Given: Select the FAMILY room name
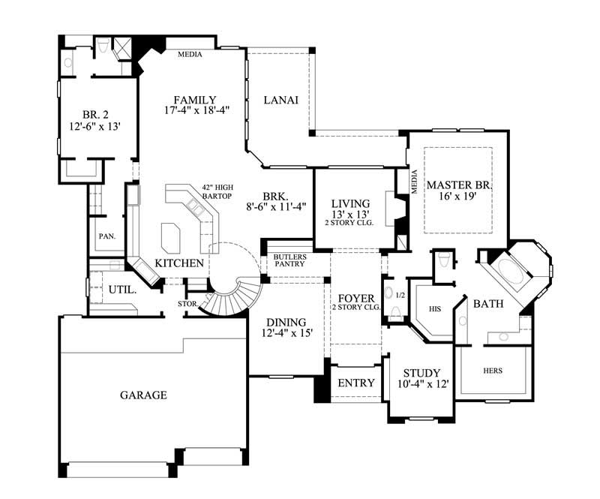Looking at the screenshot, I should pos(195,100).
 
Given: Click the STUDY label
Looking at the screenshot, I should pos(421,373).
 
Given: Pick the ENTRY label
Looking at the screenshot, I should pos(356,383).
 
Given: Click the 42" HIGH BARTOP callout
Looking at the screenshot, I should pos(218,192).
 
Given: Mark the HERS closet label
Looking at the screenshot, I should pos(492,371).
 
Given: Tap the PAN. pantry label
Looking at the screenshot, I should pos(106,236).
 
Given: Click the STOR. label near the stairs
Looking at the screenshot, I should pos(187,305).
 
